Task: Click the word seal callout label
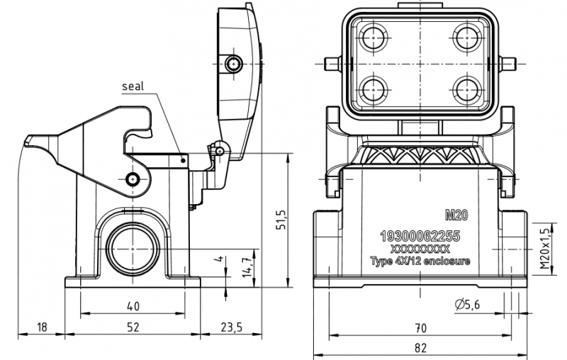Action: tap(133, 86)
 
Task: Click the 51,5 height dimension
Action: tap(281, 220)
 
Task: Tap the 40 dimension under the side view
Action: tap(133, 306)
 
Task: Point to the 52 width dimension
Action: tap(133, 327)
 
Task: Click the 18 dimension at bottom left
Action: tap(41, 327)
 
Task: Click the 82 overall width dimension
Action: tap(420, 347)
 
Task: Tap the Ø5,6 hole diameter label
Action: tap(468, 305)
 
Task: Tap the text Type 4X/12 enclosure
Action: tap(420, 261)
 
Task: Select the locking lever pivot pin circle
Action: tap(133, 178)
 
